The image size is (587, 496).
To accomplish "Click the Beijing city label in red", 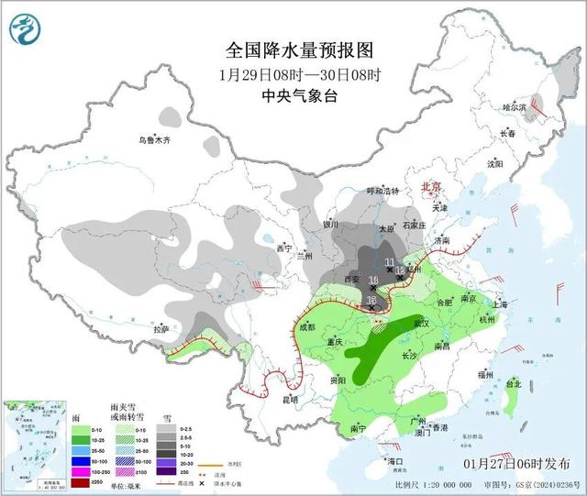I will point(431,187).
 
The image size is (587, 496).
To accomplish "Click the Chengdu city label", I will point(305,326).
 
